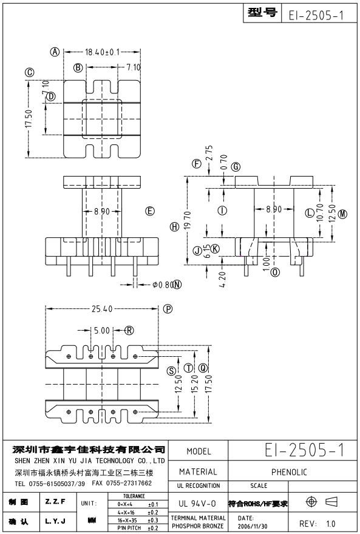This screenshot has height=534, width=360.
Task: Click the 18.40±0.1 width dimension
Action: pos(102,52)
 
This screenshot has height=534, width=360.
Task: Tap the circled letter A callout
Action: pos(55,52)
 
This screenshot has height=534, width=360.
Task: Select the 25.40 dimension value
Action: pos(102,309)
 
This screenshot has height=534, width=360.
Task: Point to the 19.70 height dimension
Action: pos(188,220)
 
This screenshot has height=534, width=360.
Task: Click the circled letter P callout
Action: pos(168,309)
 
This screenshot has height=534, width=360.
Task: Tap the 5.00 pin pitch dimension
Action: pos(102,330)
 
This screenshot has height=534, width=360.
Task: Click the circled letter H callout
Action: pos(175,226)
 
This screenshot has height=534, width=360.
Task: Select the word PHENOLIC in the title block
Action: pos(289,472)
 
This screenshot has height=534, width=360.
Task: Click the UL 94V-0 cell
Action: pos(197,503)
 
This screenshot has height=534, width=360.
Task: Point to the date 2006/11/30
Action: pos(253,526)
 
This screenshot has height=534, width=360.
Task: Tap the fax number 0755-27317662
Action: pos(129,483)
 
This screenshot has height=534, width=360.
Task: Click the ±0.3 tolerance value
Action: pos(153,520)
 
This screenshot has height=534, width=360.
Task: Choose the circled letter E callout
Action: pos(150,211)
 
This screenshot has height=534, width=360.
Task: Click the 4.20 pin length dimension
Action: pos(222,279)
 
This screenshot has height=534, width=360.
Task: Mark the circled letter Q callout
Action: pos(203,368)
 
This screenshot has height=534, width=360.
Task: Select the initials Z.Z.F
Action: pos(55,501)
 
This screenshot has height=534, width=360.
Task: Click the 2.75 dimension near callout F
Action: pos(209,153)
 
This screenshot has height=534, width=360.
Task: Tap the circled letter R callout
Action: pos(129,330)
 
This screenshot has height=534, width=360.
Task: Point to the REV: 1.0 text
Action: pos(317,524)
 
